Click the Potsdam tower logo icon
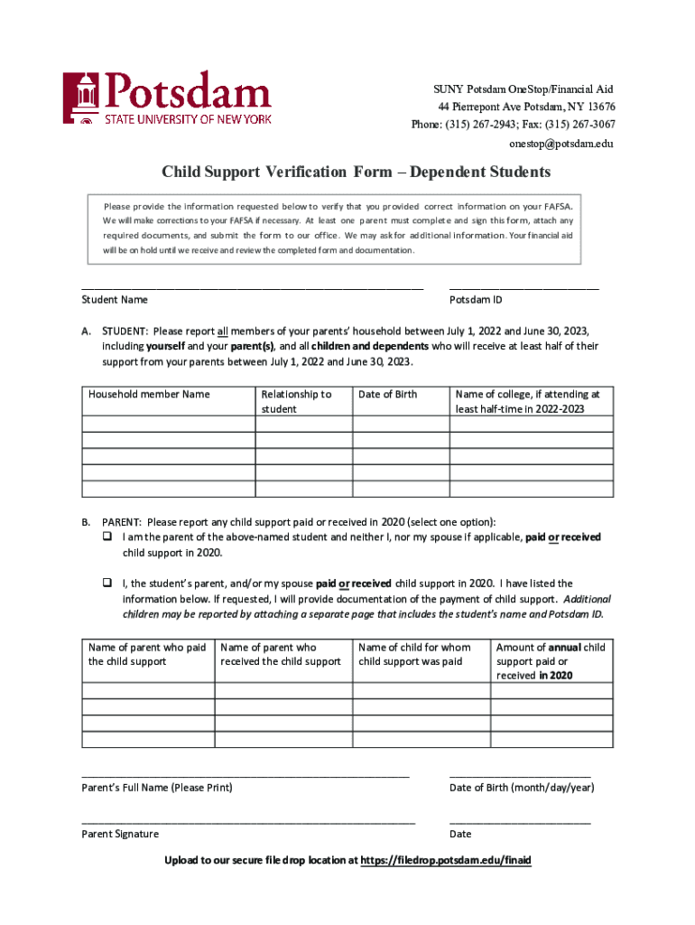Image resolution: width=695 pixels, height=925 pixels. pos(81,98)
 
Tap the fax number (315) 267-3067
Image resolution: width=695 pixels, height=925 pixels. pos(577,125)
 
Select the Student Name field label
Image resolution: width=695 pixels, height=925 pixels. pos(115,300)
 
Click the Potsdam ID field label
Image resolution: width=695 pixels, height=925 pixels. pos(476,300)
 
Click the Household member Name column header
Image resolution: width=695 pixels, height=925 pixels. pos(149,394)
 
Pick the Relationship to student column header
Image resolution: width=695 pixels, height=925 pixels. pos(296,401)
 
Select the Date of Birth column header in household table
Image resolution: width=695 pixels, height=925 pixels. pos(388,394)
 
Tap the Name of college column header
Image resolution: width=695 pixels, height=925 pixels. pos(528,401)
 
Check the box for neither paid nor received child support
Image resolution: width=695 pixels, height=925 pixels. pos(106,537)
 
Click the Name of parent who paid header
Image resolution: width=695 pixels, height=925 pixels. pos(147,654)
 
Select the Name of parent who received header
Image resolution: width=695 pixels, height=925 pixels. pos(281,654)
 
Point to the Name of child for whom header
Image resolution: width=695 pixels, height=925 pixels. pos(414,654)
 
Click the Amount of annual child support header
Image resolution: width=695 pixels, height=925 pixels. pos(551,661)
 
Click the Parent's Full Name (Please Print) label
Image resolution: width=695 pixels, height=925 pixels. pos(157,788)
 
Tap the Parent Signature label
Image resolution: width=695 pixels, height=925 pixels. pos(120,834)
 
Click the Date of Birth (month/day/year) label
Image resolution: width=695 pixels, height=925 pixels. pos(522,788)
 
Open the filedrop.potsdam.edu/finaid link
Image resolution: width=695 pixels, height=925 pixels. pos(446,861)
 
